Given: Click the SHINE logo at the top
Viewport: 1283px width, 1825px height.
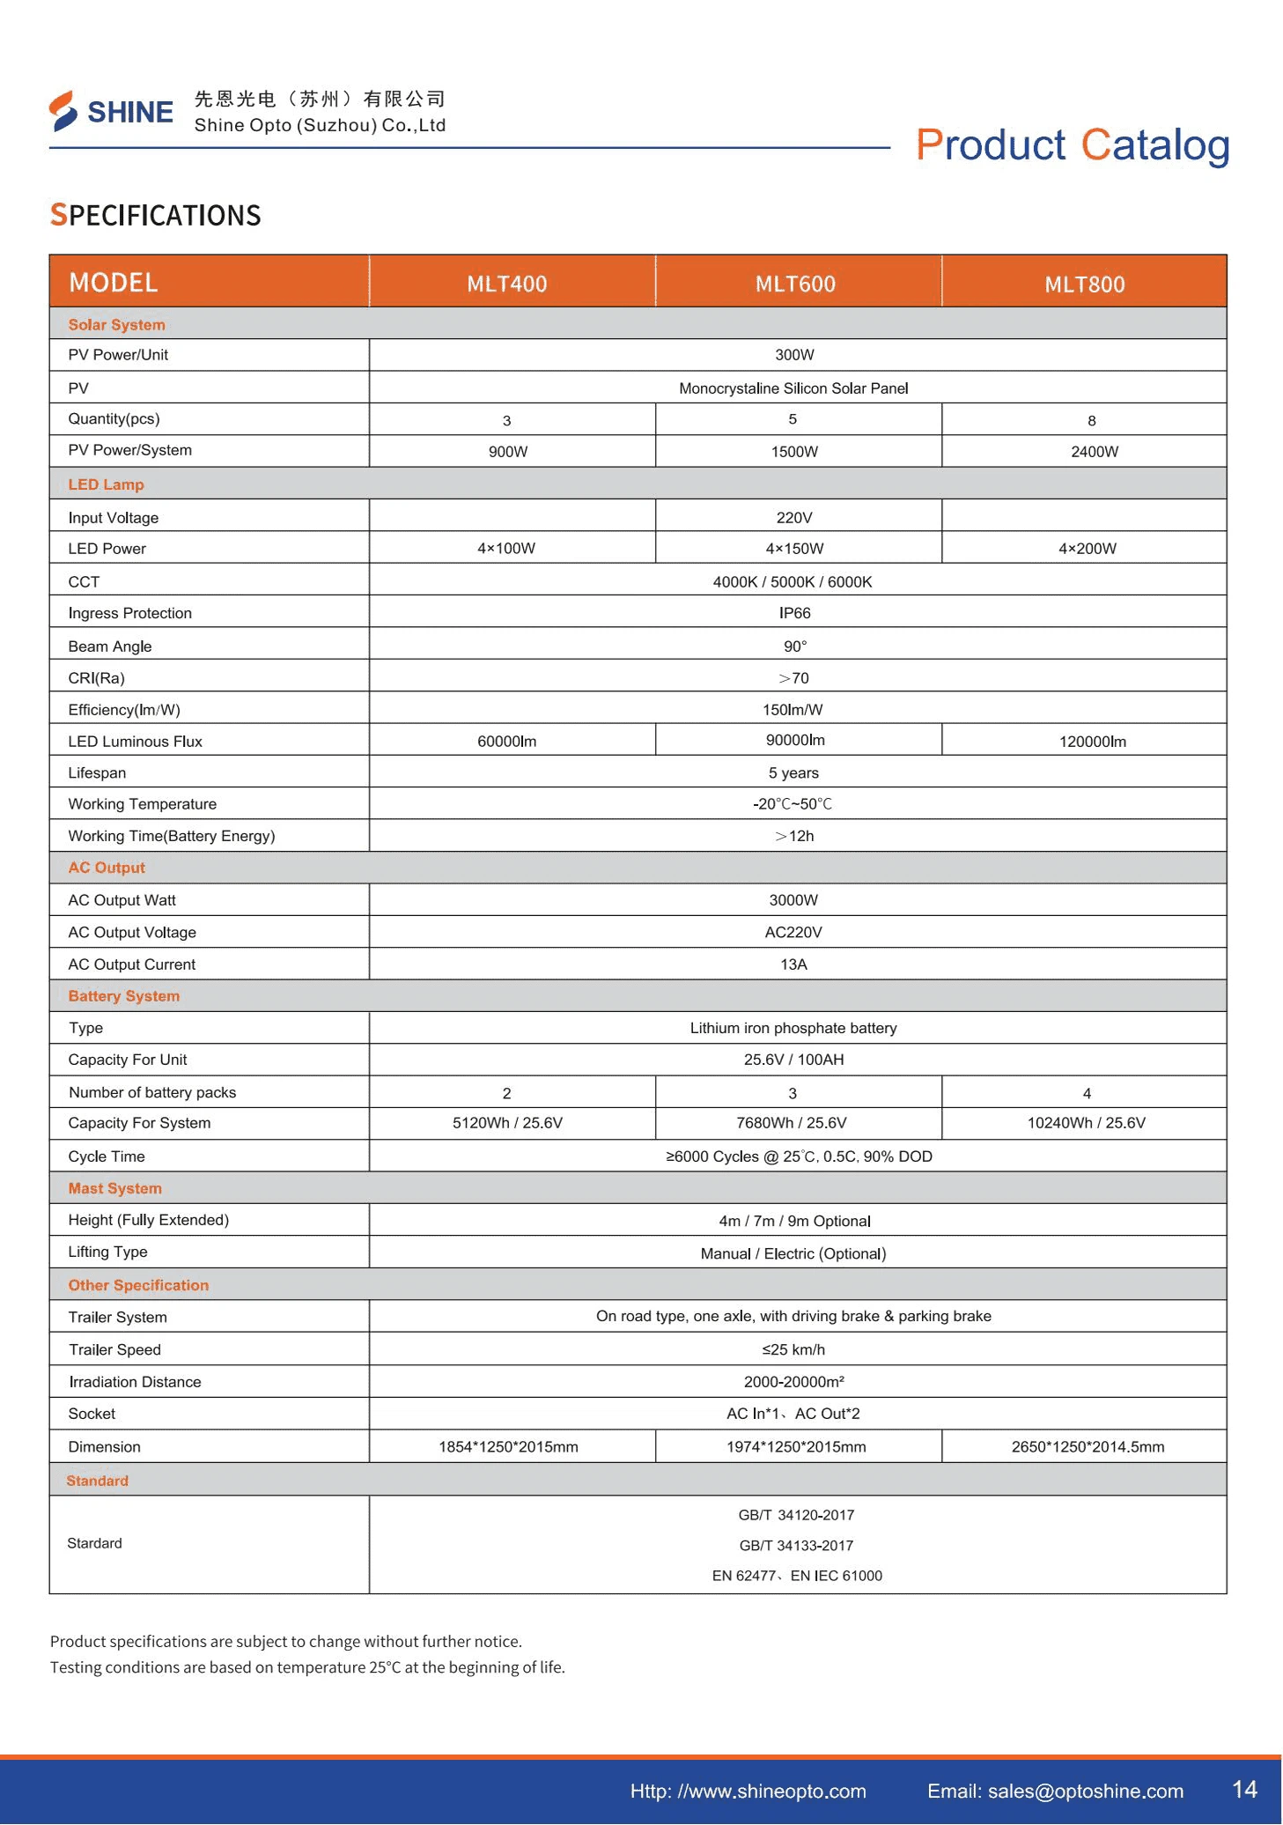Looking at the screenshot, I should click(x=111, y=112).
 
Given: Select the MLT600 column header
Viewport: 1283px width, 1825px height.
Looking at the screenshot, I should click(x=795, y=284).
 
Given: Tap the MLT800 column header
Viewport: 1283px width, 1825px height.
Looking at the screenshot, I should click(x=1084, y=284).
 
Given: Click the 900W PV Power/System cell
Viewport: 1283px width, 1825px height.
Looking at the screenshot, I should click(x=508, y=452).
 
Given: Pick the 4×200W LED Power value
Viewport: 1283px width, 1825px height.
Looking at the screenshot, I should click(x=1088, y=549).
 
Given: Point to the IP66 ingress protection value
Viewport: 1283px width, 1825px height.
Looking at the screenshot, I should click(x=794, y=613).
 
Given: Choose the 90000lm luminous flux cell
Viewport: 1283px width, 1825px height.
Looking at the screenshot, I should click(x=795, y=740).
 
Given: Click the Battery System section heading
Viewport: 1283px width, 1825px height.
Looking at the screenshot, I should click(x=124, y=996).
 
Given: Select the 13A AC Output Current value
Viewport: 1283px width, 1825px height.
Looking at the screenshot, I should click(x=793, y=964).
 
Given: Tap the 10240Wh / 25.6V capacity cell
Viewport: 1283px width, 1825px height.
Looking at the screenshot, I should click(x=1086, y=1123).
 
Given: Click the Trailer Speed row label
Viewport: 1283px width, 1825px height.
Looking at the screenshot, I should click(x=114, y=1349).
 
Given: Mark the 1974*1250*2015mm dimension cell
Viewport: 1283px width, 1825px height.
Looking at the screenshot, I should click(x=796, y=1447).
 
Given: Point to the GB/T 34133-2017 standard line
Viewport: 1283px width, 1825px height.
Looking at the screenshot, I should click(x=796, y=1546).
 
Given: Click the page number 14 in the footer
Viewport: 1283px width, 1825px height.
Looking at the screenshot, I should click(x=1244, y=1789).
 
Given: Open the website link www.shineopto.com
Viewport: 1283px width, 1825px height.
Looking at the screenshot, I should click(x=748, y=1791).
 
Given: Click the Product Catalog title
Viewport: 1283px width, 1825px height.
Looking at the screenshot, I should click(x=1073, y=145).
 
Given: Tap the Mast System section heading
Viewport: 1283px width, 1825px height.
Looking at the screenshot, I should click(x=115, y=1188).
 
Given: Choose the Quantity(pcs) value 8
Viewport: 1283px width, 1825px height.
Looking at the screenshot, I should click(x=1091, y=421).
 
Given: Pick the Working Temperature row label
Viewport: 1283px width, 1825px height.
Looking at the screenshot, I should click(x=142, y=804).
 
